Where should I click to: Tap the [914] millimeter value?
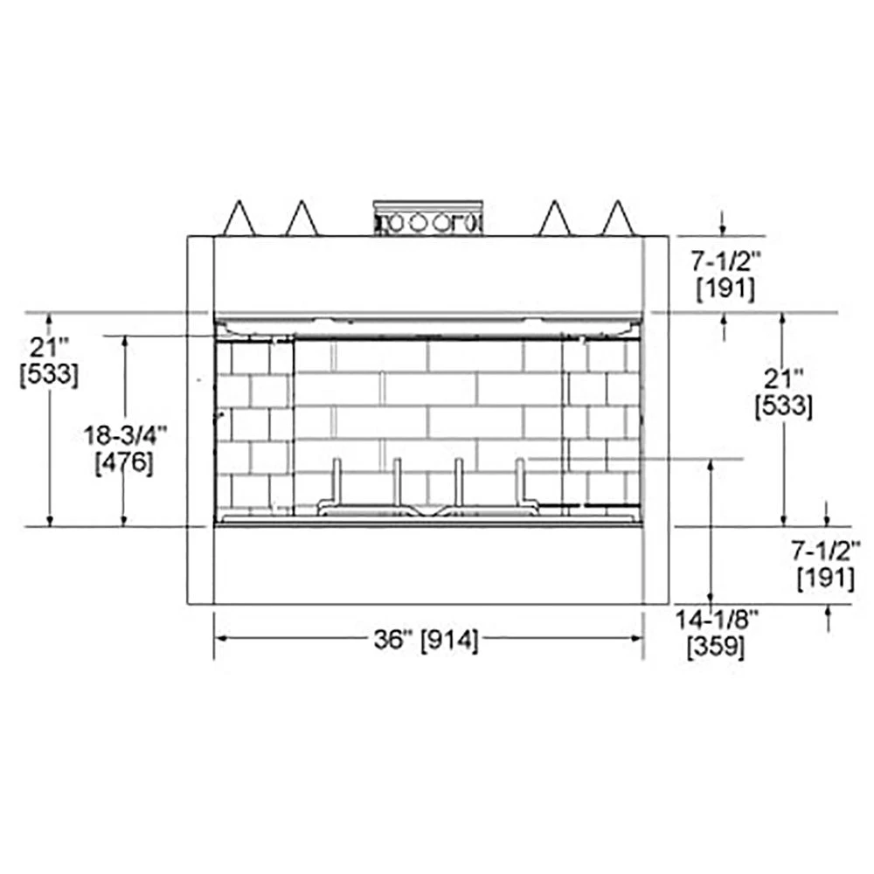[x=449, y=640]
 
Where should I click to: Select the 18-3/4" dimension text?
[x=125, y=435]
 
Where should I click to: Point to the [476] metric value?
[x=124, y=462]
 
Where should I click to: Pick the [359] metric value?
[x=716, y=647]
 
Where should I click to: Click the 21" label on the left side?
[x=49, y=347]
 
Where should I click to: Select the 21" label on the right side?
[x=783, y=379]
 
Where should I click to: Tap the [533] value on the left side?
[x=49, y=375]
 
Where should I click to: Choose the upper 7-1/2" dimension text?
[x=725, y=260]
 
